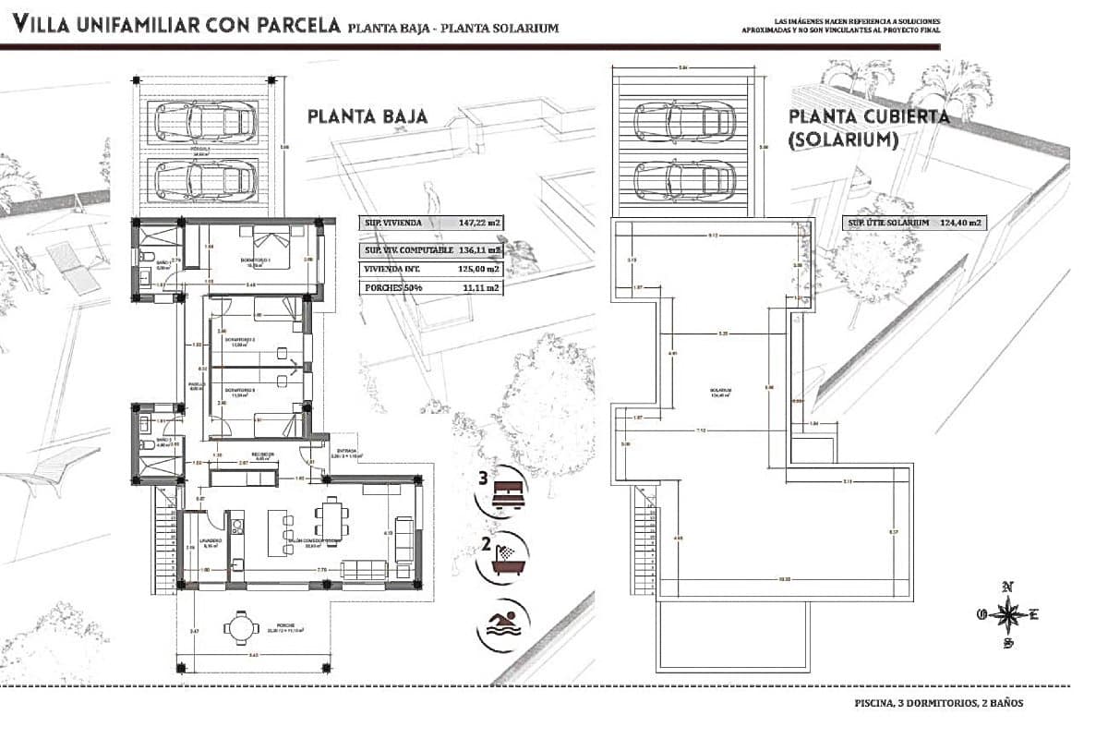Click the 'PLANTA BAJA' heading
click(367, 116)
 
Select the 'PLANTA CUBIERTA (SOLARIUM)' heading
click(868, 128)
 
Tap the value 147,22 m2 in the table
click(479, 223)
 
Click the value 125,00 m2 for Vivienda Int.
click(479, 269)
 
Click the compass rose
click(1008, 613)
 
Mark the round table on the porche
click(241, 628)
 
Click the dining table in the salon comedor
click(331, 522)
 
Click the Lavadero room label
click(206, 541)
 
